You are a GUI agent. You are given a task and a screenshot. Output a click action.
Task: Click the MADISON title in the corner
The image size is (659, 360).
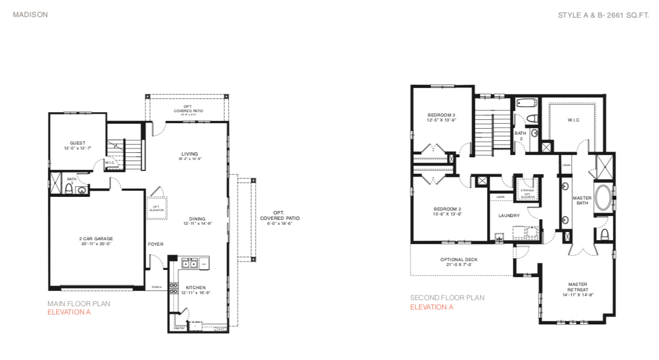pos(30,15)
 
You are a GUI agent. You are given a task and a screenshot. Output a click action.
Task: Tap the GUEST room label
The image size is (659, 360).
pos(77,143)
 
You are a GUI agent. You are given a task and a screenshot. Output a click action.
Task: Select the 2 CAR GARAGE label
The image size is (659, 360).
pos(96,239)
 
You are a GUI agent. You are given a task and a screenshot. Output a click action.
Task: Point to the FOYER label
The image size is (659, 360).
pos(156,244)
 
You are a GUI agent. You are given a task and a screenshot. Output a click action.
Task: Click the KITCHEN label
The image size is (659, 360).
pos(195,287)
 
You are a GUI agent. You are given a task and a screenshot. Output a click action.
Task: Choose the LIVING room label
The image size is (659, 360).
pos(190,154)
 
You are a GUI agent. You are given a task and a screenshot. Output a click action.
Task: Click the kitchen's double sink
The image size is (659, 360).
pos(190,264)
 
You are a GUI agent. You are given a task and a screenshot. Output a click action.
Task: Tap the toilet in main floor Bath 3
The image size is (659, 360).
pos(69,189)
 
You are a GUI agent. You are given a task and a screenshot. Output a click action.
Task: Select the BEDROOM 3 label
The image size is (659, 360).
pos(441,114)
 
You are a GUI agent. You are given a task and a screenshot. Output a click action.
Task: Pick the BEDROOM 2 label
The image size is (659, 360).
pos(447,209)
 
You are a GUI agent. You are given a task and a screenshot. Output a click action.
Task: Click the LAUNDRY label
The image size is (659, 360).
pos(509,215)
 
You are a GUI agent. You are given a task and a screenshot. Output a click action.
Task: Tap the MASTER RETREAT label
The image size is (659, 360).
pos(578,287)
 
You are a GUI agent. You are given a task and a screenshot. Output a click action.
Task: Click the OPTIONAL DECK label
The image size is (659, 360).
pos(459,259)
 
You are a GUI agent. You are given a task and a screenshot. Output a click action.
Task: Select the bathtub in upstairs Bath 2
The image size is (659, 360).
pos(527,103)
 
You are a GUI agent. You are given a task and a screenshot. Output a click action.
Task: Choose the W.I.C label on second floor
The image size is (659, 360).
pos(573,120)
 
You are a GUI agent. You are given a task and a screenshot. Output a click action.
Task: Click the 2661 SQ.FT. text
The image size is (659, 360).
pos(627,15)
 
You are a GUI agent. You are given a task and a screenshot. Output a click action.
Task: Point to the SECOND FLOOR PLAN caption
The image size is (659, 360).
pos(447,298)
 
